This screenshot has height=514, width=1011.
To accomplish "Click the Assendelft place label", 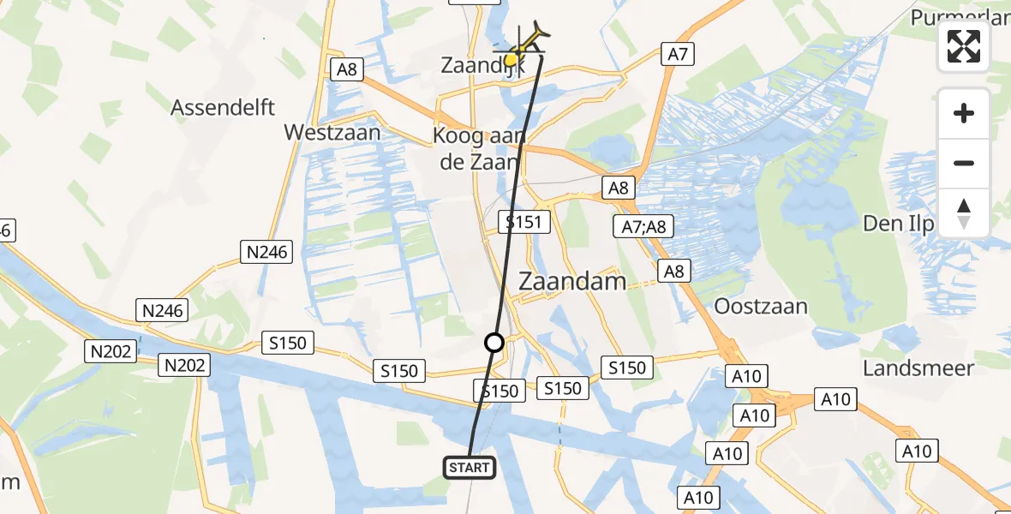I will click(x=223, y=107).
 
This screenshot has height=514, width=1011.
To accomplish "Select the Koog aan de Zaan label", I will click(x=476, y=149).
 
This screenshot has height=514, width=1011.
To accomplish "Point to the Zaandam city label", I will click(x=572, y=281).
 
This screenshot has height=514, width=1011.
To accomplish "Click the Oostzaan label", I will click(x=762, y=306).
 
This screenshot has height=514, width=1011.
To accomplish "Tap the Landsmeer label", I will click(x=918, y=368).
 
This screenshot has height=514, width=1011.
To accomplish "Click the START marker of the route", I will click(x=470, y=467).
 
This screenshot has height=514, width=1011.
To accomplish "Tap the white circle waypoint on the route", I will click(x=494, y=343).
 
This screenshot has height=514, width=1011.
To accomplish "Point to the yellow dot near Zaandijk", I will click(x=511, y=60).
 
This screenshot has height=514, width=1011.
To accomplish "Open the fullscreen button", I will click(x=964, y=46).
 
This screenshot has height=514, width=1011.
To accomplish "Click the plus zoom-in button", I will click(x=964, y=113).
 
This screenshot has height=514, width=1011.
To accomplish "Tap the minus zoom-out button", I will click(x=964, y=163).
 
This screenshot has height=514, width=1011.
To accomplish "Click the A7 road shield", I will click(x=677, y=55).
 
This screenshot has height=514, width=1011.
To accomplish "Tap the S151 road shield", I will click(x=522, y=223).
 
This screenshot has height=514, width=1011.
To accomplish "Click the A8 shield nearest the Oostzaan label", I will click(x=674, y=271).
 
